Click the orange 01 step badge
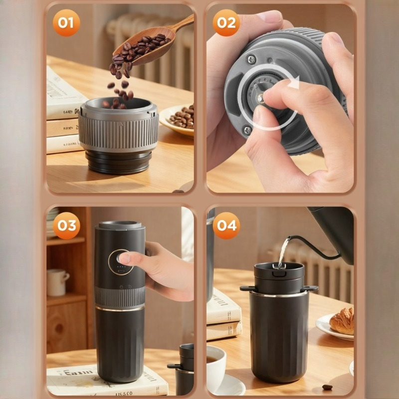[66, 22]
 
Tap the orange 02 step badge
[226, 22]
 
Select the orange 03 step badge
[66, 225]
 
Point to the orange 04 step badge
[226, 225]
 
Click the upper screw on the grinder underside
[252, 59]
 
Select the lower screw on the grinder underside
[248, 130]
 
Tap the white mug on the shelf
[57, 282]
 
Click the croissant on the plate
[342, 321]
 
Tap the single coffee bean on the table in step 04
[327, 387]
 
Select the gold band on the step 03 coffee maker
[120, 308]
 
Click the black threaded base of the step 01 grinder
[118, 162]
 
